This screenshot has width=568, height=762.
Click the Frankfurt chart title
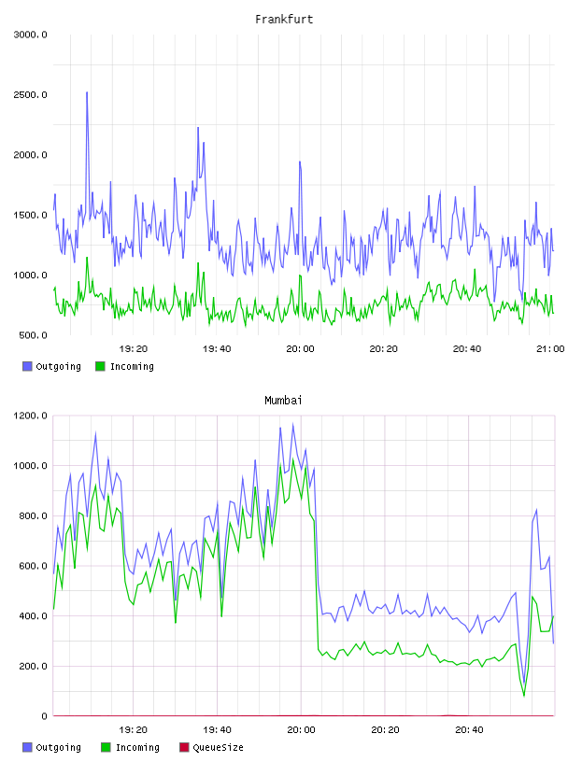[284, 20]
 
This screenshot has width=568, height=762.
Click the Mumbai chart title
[283, 401]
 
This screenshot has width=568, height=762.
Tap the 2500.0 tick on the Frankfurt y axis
[30, 94]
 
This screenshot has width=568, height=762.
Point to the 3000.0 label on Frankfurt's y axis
[30, 35]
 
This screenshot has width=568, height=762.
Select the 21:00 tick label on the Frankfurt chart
[550, 349]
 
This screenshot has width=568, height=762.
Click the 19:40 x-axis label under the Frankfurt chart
[217, 349]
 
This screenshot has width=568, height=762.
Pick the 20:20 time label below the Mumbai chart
[385, 730]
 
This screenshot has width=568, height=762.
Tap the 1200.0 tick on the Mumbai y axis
[30, 416]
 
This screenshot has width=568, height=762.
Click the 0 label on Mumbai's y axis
[44, 716]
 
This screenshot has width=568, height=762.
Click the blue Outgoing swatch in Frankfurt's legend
[27, 366]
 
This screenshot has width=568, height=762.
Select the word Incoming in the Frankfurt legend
[132, 367]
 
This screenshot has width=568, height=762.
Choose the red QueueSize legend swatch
[184, 747]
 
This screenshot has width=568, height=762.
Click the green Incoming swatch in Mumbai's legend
[106, 747]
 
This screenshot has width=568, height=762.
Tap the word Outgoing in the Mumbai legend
[58, 748]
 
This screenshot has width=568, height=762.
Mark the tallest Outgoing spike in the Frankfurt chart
[87, 92]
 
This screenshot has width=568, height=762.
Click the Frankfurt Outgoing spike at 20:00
[300, 162]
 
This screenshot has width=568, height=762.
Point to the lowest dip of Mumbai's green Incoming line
[524, 696]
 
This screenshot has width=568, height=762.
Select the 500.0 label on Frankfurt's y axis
[33, 335]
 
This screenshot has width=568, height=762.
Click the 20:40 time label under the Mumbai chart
[469, 730]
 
